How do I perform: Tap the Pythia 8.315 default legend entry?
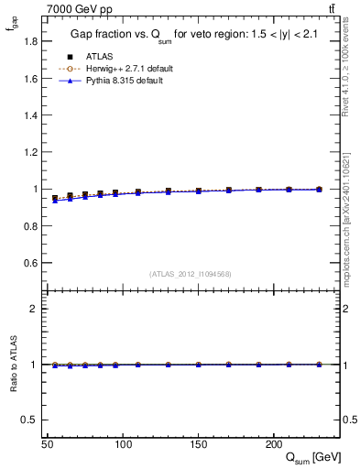tap(118, 81)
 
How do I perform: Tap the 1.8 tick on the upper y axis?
tap(31, 41)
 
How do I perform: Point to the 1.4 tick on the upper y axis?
tap(31, 115)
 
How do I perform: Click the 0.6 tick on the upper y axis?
tap(31, 263)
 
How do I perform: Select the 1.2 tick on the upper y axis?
tap(31, 152)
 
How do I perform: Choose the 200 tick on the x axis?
tap(273, 443)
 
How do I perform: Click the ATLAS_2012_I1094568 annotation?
tap(189, 273)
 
